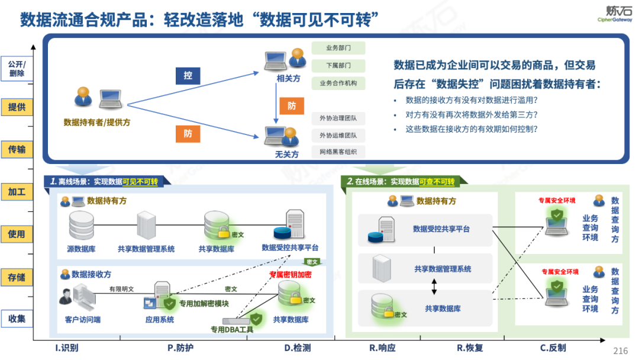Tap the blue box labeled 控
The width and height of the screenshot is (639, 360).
click(188, 76)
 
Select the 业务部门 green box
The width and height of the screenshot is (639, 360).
click(338, 48)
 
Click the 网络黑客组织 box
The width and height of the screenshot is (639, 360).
click(338, 152)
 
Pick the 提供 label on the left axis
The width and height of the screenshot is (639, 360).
click(17, 107)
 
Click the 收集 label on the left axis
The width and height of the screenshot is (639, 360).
click(17, 319)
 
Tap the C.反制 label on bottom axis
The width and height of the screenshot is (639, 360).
click(553, 348)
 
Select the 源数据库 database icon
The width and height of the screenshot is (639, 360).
click(82, 224)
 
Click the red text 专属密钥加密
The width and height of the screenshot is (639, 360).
click(290, 275)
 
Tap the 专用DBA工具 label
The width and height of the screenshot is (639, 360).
click(232, 329)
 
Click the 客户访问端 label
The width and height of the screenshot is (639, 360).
click(82, 320)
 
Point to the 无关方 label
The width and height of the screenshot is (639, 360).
click(287, 155)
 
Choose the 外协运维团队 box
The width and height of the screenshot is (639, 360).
click(338, 136)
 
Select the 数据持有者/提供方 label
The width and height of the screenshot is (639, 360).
click(97, 123)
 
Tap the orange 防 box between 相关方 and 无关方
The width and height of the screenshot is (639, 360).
click(292, 106)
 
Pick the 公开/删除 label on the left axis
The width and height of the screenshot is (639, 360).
click(17, 69)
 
